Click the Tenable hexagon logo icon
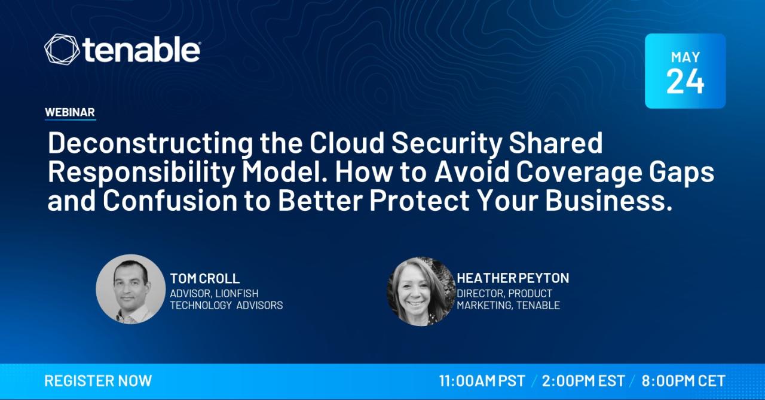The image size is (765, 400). click(x=62, y=49)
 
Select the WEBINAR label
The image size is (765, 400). click(x=70, y=112)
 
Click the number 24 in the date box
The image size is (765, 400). click(x=685, y=81)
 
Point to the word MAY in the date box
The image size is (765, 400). click(x=686, y=57)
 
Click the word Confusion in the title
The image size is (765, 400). click(x=170, y=201)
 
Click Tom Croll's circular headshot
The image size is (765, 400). click(x=130, y=289)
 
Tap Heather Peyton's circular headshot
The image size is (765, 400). click(x=421, y=291)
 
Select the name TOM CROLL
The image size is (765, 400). click(x=205, y=278)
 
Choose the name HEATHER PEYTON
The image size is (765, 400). click(x=513, y=278)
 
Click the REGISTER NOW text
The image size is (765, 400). click(x=99, y=381)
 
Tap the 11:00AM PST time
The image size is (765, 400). click(x=482, y=381)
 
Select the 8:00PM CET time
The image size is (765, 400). click(x=683, y=381)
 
